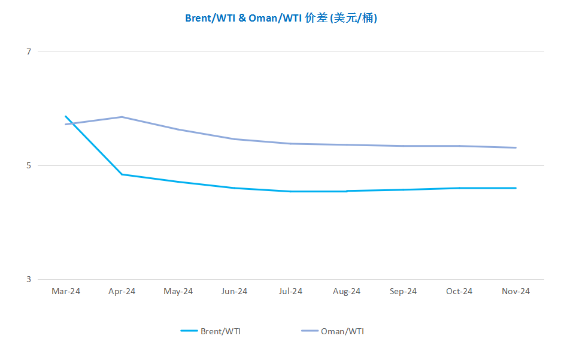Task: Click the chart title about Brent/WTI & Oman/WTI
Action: pyautogui.click(x=281, y=18)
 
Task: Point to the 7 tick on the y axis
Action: pyautogui.click(x=29, y=52)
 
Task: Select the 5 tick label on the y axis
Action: pyautogui.click(x=29, y=166)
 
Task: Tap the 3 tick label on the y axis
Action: pyautogui.click(x=29, y=280)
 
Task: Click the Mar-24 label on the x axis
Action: pyautogui.click(x=66, y=291)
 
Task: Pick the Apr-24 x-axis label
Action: pyautogui.click(x=122, y=291)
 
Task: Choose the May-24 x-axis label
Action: pyautogui.click(x=178, y=291)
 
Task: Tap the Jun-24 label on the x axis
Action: pyautogui.click(x=234, y=291)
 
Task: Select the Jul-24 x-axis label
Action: pyautogui.click(x=290, y=291)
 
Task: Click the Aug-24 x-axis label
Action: pyautogui.click(x=347, y=291)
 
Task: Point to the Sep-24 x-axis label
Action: pyautogui.click(x=403, y=291)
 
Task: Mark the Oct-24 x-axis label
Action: pyautogui.click(x=459, y=291)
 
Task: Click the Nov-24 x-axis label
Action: pyautogui.click(x=515, y=291)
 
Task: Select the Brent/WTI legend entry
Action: pyautogui.click(x=210, y=331)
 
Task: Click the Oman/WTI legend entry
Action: pyautogui.click(x=332, y=331)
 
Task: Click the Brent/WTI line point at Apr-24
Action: pyautogui.click(x=122, y=175)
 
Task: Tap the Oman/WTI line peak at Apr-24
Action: pyautogui.click(x=122, y=117)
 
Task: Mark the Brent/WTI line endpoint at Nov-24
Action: pyautogui.click(x=515, y=188)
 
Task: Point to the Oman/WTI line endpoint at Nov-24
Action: pyautogui.click(x=515, y=148)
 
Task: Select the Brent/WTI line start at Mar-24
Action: pyautogui.click(x=66, y=116)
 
